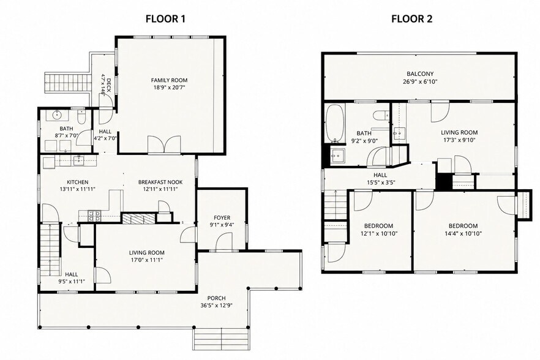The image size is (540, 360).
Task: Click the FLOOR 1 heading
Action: (165, 18)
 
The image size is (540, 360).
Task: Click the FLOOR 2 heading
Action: (411, 18)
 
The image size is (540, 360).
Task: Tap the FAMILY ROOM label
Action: (169, 80)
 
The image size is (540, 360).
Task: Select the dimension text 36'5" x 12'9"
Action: (216, 306)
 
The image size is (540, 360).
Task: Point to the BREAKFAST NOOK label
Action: (160, 182)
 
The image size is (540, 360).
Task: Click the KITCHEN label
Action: (78, 182)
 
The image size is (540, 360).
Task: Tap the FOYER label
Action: (222, 218)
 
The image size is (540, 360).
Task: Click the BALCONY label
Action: (420, 73)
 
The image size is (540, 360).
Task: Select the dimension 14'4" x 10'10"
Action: (463, 233)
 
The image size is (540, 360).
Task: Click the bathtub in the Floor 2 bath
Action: (335, 123)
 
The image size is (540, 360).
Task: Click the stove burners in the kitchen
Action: (95, 216)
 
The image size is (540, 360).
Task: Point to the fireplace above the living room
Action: (138, 219)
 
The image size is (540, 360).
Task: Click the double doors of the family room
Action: (164, 144)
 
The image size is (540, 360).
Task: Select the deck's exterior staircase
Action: (67, 83)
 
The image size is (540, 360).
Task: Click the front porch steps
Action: (221, 339)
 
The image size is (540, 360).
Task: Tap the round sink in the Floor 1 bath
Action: (56, 114)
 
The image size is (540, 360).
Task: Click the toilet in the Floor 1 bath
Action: (81, 118)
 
